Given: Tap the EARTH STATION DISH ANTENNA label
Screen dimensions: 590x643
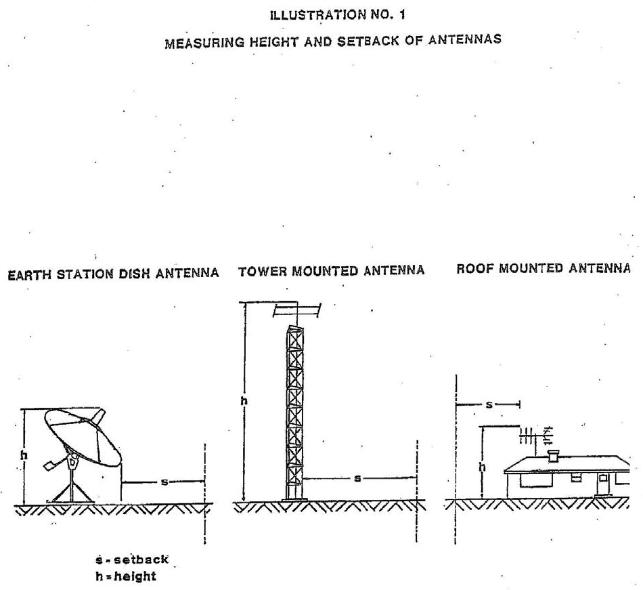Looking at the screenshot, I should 112,273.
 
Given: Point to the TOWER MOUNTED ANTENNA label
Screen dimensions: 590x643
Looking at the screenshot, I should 332,271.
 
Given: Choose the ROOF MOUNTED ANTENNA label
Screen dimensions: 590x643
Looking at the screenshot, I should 544,269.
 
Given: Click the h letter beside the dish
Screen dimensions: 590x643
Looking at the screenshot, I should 24,456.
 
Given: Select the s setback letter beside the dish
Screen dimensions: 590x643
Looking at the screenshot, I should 163,482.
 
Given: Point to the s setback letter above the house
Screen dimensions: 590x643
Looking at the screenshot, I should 489,404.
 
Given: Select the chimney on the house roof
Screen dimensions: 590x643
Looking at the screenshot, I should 554,456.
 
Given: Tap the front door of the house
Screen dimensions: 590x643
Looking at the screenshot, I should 602,484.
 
